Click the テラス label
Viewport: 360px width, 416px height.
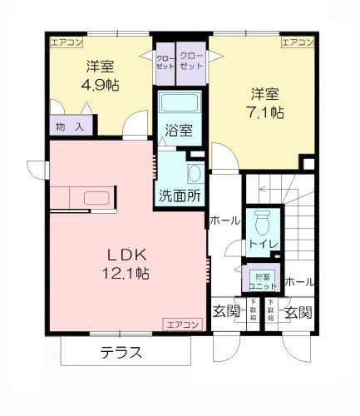121,352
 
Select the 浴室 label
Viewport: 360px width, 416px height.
178,131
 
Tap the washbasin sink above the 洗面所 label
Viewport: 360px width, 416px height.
194,174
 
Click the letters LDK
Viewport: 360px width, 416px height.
125,254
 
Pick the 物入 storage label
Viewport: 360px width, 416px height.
70,126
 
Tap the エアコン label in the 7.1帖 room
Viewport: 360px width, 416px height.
297,42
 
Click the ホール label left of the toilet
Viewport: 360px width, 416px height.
224,220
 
